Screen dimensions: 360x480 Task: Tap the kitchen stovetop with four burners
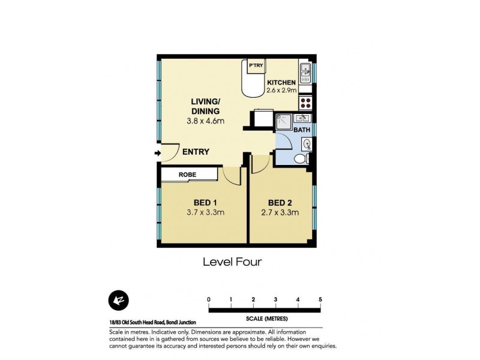point(305,102)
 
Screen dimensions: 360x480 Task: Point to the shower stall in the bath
point(283,121)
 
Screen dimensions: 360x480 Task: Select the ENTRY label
point(196,152)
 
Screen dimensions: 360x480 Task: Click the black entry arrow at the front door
point(158,153)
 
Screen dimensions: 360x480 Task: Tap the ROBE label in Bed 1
point(187,175)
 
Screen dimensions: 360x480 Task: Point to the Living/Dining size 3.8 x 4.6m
point(205,122)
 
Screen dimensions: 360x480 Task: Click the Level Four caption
point(232,262)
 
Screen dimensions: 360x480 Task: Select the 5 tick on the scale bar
point(320,299)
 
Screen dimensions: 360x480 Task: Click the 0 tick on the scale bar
point(209,299)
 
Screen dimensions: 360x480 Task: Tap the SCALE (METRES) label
point(264,318)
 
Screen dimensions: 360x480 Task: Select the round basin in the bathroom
point(307,143)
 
